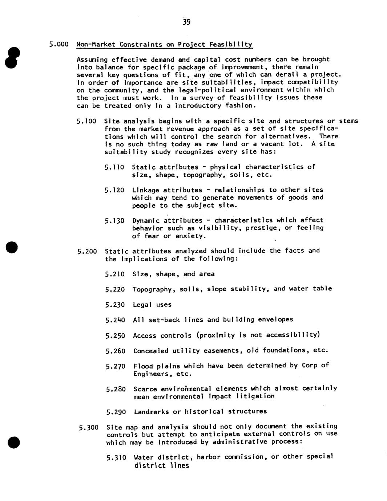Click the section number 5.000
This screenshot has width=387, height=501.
coord(59,44)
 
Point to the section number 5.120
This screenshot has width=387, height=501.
coord(114,190)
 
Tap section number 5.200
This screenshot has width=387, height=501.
coord(87,251)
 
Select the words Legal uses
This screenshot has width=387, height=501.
coord(152,305)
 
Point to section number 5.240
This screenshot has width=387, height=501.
coord(115,320)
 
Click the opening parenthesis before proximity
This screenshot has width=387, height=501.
coord(198,335)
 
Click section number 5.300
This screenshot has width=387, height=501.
coord(89,427)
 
